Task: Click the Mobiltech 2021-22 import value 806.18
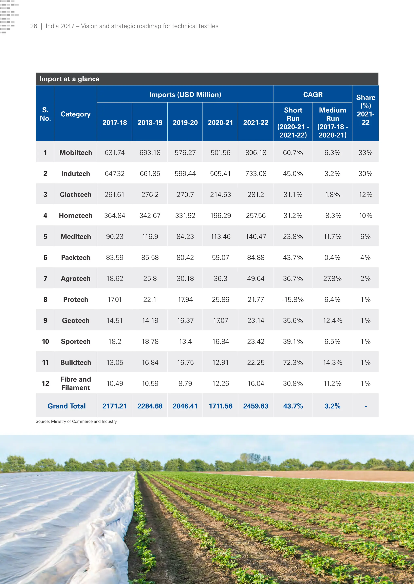pyautogui.click(x=256, y=153)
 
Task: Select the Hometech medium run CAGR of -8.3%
pyautogui.click(x=332, y=216)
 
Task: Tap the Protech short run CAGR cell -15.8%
pyautogui.click(x=293, y=300)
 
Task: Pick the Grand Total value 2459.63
pyautogui.click(x=256, y=406)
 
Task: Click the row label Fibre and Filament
pyautogui.click(x=76, y=384)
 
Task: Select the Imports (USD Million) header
pyautogui.click(x=185, y=95)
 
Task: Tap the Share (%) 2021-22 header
pyautogui.click(x=365, y=110)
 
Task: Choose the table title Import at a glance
pyautogui.click(x=69, y=79)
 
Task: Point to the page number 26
pyautogui.click(x=34, y=26)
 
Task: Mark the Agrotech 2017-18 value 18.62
pyautogui.click(x=115, y=278)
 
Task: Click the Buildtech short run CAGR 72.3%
pyautogui.click(x=293, y=363)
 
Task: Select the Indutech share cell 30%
pyautogui.click(x=365, y=174)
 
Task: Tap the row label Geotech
pyautogui.click(x=76, y=320)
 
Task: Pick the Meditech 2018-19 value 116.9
pyautogui.click(x=150, y=237)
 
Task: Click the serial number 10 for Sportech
pyautogui.click(x=45, y=342)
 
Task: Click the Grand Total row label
pyautogui.click(x=67, y=406)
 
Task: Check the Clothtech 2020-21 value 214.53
pyautogui.click(x=221, y=195)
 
